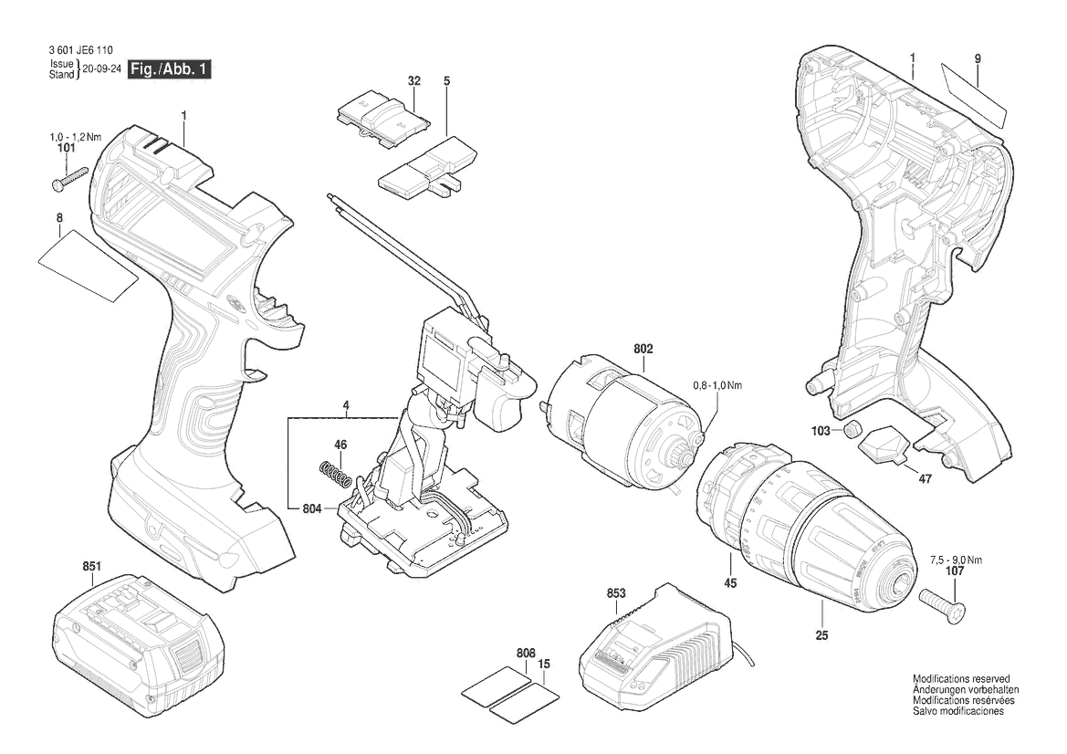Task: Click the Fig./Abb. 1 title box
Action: (170, 69)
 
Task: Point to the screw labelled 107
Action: (941, 598)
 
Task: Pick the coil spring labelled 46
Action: (336, 475)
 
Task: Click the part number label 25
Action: (822, 635)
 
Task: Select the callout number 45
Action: (730, 583)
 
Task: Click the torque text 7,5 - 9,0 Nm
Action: (956, 560)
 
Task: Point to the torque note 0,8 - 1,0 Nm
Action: (717, 385)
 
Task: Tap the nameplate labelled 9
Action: (973, 96)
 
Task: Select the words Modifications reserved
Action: (961, 678)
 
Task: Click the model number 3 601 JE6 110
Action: (81, 50)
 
